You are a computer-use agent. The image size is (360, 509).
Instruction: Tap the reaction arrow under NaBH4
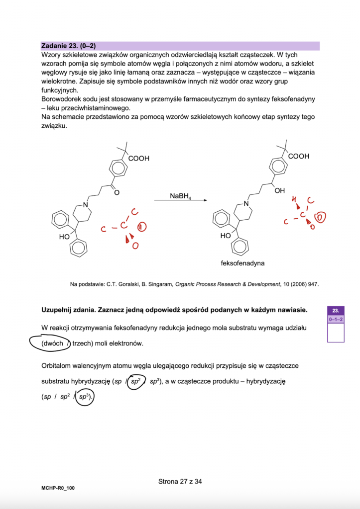coord(180,200)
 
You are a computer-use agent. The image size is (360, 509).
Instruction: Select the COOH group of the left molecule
coord(138,159)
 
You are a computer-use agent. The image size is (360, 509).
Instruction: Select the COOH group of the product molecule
coord(298,156)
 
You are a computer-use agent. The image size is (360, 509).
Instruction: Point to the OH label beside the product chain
coord(280,190)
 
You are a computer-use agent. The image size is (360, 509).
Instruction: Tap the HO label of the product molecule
coord(225,236)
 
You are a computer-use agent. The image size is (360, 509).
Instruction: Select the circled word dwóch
coord(52,343)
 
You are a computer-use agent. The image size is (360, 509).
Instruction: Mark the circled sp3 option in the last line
coord(84,398)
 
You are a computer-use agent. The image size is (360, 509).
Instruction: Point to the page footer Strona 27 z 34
coord(180,481)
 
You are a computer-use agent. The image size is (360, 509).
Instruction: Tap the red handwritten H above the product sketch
coord(294,200)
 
